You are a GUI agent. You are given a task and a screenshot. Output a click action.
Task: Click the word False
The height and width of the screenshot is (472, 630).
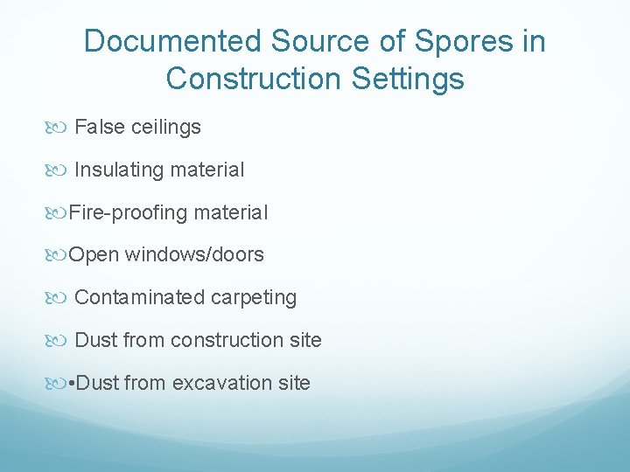coord(100,127)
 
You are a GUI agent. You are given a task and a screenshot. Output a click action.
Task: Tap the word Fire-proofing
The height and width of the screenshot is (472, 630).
coord(128,212)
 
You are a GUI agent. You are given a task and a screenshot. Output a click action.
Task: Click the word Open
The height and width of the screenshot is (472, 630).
coord(94,254)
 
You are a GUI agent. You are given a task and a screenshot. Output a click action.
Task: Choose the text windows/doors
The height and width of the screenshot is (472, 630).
coord(194,254)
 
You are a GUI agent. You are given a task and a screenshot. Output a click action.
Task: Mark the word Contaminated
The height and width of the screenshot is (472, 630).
coord(139,297)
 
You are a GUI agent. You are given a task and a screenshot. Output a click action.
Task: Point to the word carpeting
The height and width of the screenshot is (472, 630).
coord(253,297)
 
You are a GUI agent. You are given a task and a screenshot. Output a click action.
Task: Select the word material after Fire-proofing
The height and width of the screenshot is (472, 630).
coord(231,212)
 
